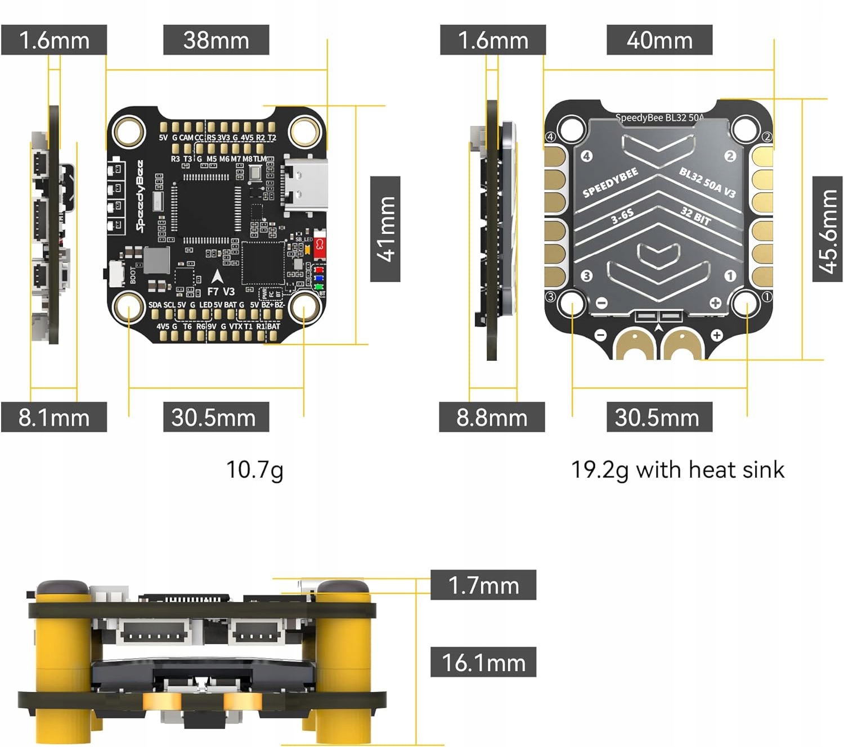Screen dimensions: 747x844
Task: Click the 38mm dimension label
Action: click(216, 40)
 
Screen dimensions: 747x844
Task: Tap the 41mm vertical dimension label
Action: click(385, 229)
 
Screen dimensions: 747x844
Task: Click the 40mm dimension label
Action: click(659, 40)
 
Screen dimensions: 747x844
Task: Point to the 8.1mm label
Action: click(54, 417)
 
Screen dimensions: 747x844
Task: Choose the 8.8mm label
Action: click(492, 417)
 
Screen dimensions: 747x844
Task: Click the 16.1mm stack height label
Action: click(483, 662)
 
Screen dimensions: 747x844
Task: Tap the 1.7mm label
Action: click(483, 585)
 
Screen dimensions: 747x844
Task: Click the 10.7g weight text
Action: click(254, 470)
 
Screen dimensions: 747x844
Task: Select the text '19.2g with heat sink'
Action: click(677, 470)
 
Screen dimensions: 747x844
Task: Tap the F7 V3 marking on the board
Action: click(221, 291)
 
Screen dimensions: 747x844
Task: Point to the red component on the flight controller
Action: click(320, 246)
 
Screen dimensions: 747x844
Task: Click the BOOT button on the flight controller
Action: click(117, 274)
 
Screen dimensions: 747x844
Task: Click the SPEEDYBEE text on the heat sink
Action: click(610, 183)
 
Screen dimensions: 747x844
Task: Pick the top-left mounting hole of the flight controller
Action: click(130, 131)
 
